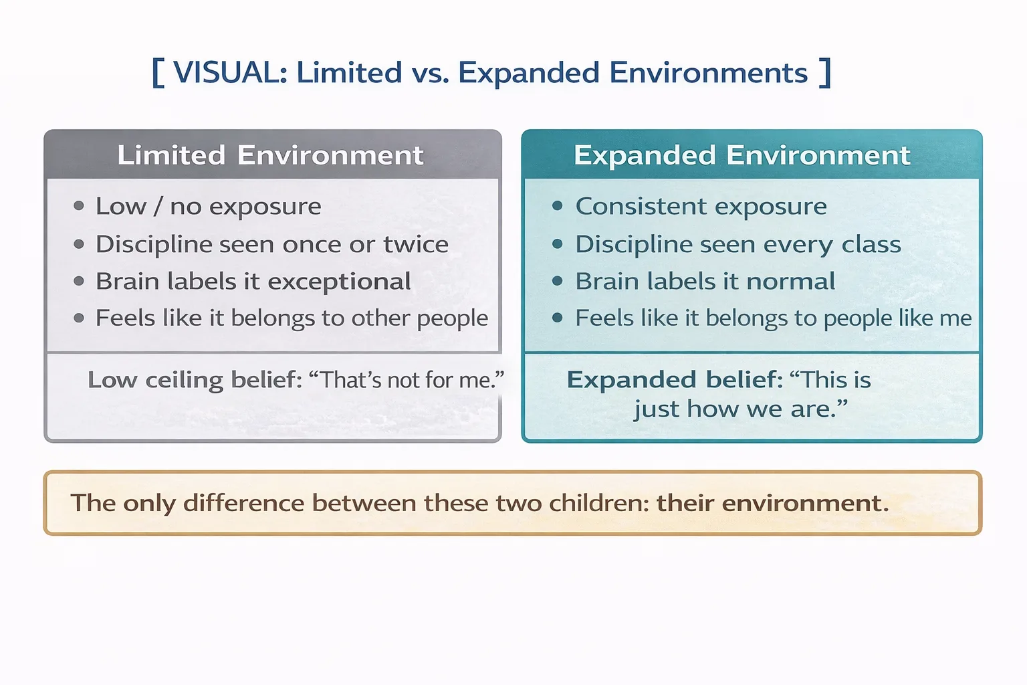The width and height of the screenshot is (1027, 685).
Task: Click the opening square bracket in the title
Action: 158,73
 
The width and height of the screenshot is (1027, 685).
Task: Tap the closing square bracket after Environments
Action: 825,73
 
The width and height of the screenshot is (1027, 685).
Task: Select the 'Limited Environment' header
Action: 270,155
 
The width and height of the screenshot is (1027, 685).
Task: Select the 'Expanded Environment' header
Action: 741,155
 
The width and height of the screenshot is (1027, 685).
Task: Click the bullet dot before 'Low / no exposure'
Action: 79,206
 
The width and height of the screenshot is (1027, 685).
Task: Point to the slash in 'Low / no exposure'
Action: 158,206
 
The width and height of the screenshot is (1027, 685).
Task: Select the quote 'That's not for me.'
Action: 407,380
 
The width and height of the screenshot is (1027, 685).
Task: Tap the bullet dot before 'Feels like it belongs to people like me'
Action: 558,318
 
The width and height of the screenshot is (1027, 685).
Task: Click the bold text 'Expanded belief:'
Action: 675,380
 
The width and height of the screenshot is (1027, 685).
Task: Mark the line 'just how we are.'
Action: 741,409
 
